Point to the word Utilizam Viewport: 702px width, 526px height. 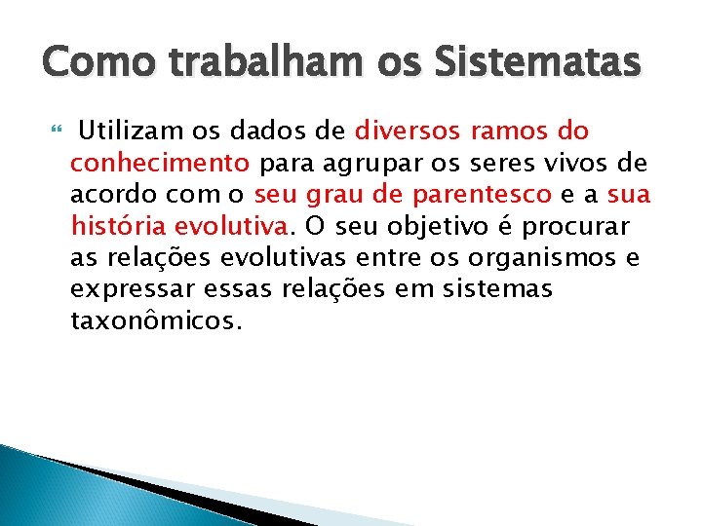coord(126,131)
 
